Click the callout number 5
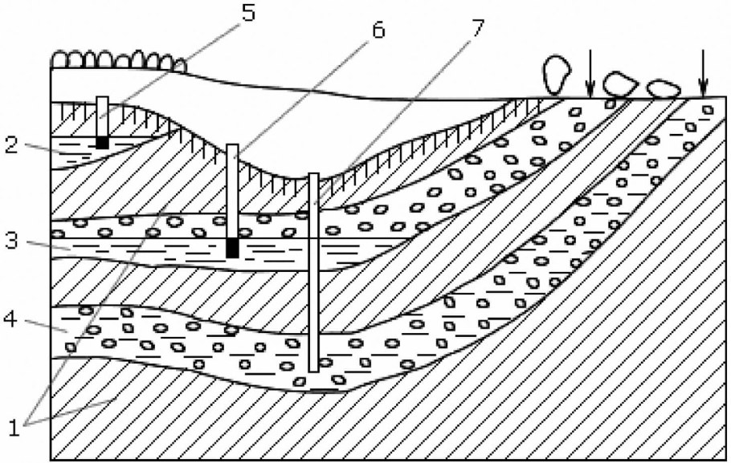[x=248, y=13]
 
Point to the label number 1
[x=14, y=428]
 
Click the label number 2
[x=12, y=145]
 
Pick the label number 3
[x=11, y=241]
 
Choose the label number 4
[x=11, y=319]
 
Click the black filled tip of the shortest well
[x=103, y=143]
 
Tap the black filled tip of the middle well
[x=232, y=248]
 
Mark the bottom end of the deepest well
[x=314, y=372]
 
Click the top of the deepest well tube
[x=314, y=175]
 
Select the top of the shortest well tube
[x=103, y=98]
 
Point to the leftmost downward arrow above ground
[x=590, y=74]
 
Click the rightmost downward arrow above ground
[x=703, y=74]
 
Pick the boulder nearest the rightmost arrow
[x=663, y=88]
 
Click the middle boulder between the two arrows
[x=620, y=83]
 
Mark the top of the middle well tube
[x=232, y=146]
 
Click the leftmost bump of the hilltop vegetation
[x=59, y=60]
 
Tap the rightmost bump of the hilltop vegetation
[x=180, y=65]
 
